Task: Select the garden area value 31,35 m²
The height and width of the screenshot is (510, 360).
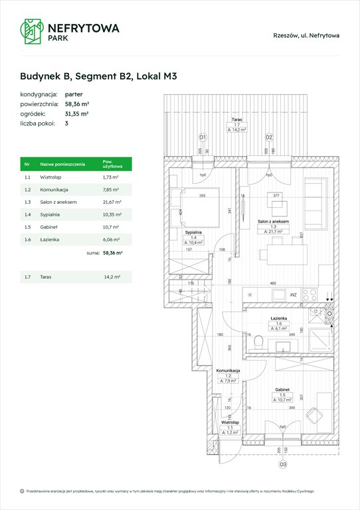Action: [x=77, y=114]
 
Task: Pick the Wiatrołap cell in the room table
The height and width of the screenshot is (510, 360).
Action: [x=51, y=177]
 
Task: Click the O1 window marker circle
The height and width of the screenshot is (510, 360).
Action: [x=203, y=137]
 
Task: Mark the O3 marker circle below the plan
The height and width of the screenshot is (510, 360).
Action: [x=282, y=466]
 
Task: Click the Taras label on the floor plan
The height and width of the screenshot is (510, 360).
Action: [x=236, y=120]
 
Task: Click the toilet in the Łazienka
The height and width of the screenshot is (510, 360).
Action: [x=260, y=343]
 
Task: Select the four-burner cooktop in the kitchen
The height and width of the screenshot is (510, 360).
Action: [x=310, y=294]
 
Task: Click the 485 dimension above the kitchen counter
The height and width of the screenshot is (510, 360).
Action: [x=272, y=284]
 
